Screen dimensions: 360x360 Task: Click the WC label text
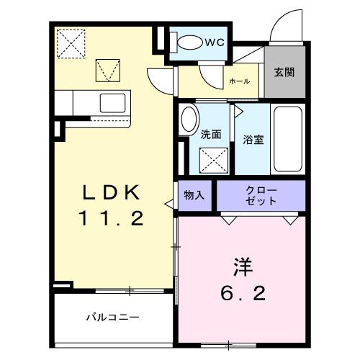(x=214, y=42)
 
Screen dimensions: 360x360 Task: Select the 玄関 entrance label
(x=284, y=73)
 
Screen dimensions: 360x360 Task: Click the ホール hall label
(x=239, y=81)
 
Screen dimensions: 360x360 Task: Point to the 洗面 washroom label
(x=210, y=133)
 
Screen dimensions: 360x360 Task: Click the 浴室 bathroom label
(x=252, y=140)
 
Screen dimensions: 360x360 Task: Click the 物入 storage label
(x=194, y=195)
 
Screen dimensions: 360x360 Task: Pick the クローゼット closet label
(x=261, y=196)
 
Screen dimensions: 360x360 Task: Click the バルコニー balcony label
(x=113, y=317)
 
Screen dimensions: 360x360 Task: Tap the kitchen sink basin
(x=112, y=101)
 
